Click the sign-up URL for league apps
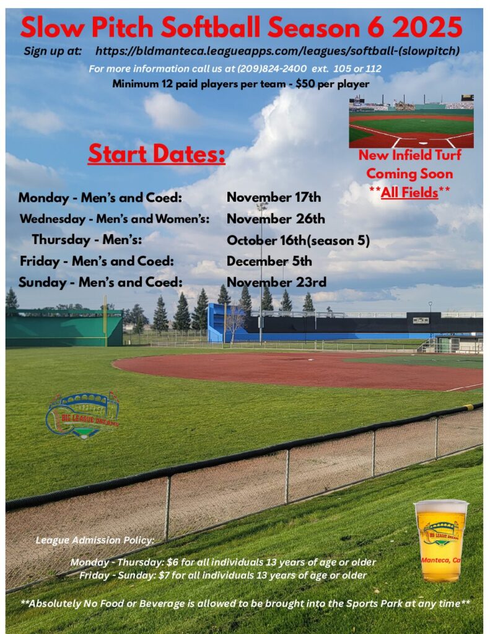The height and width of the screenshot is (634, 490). pyautogui.click(x=278, y=51)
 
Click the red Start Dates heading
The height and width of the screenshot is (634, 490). pyautogui.click(x=157, y=154)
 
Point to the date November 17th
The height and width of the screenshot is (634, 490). pyautogui.click(x=274, y=198)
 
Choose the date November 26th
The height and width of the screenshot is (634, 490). pyautogui.click(x=276, y=219)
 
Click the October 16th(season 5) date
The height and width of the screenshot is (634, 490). pyautogui.click(x=298, y=241)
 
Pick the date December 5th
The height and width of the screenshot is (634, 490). pyautogui.click(x=269, y=261)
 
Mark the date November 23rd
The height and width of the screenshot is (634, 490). pyautogui.click(x=276, y=282)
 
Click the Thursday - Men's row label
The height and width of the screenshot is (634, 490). pyautogui.click(x=87, y=240)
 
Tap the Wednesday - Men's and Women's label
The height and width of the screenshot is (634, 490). pyautogui.click(x=115, y=219)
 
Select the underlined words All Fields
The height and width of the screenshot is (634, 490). pyautogui.click(x=409, y=193)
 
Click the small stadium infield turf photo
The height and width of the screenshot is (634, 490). pyautogui.click(x=411, y=121)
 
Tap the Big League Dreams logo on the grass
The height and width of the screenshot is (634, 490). pyautogui.click(x=83, y=415)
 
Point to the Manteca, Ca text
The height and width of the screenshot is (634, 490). pyautogui.click(x=440, y=560)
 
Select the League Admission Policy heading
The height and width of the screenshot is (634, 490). pyautogui.click(x=95, y=540)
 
